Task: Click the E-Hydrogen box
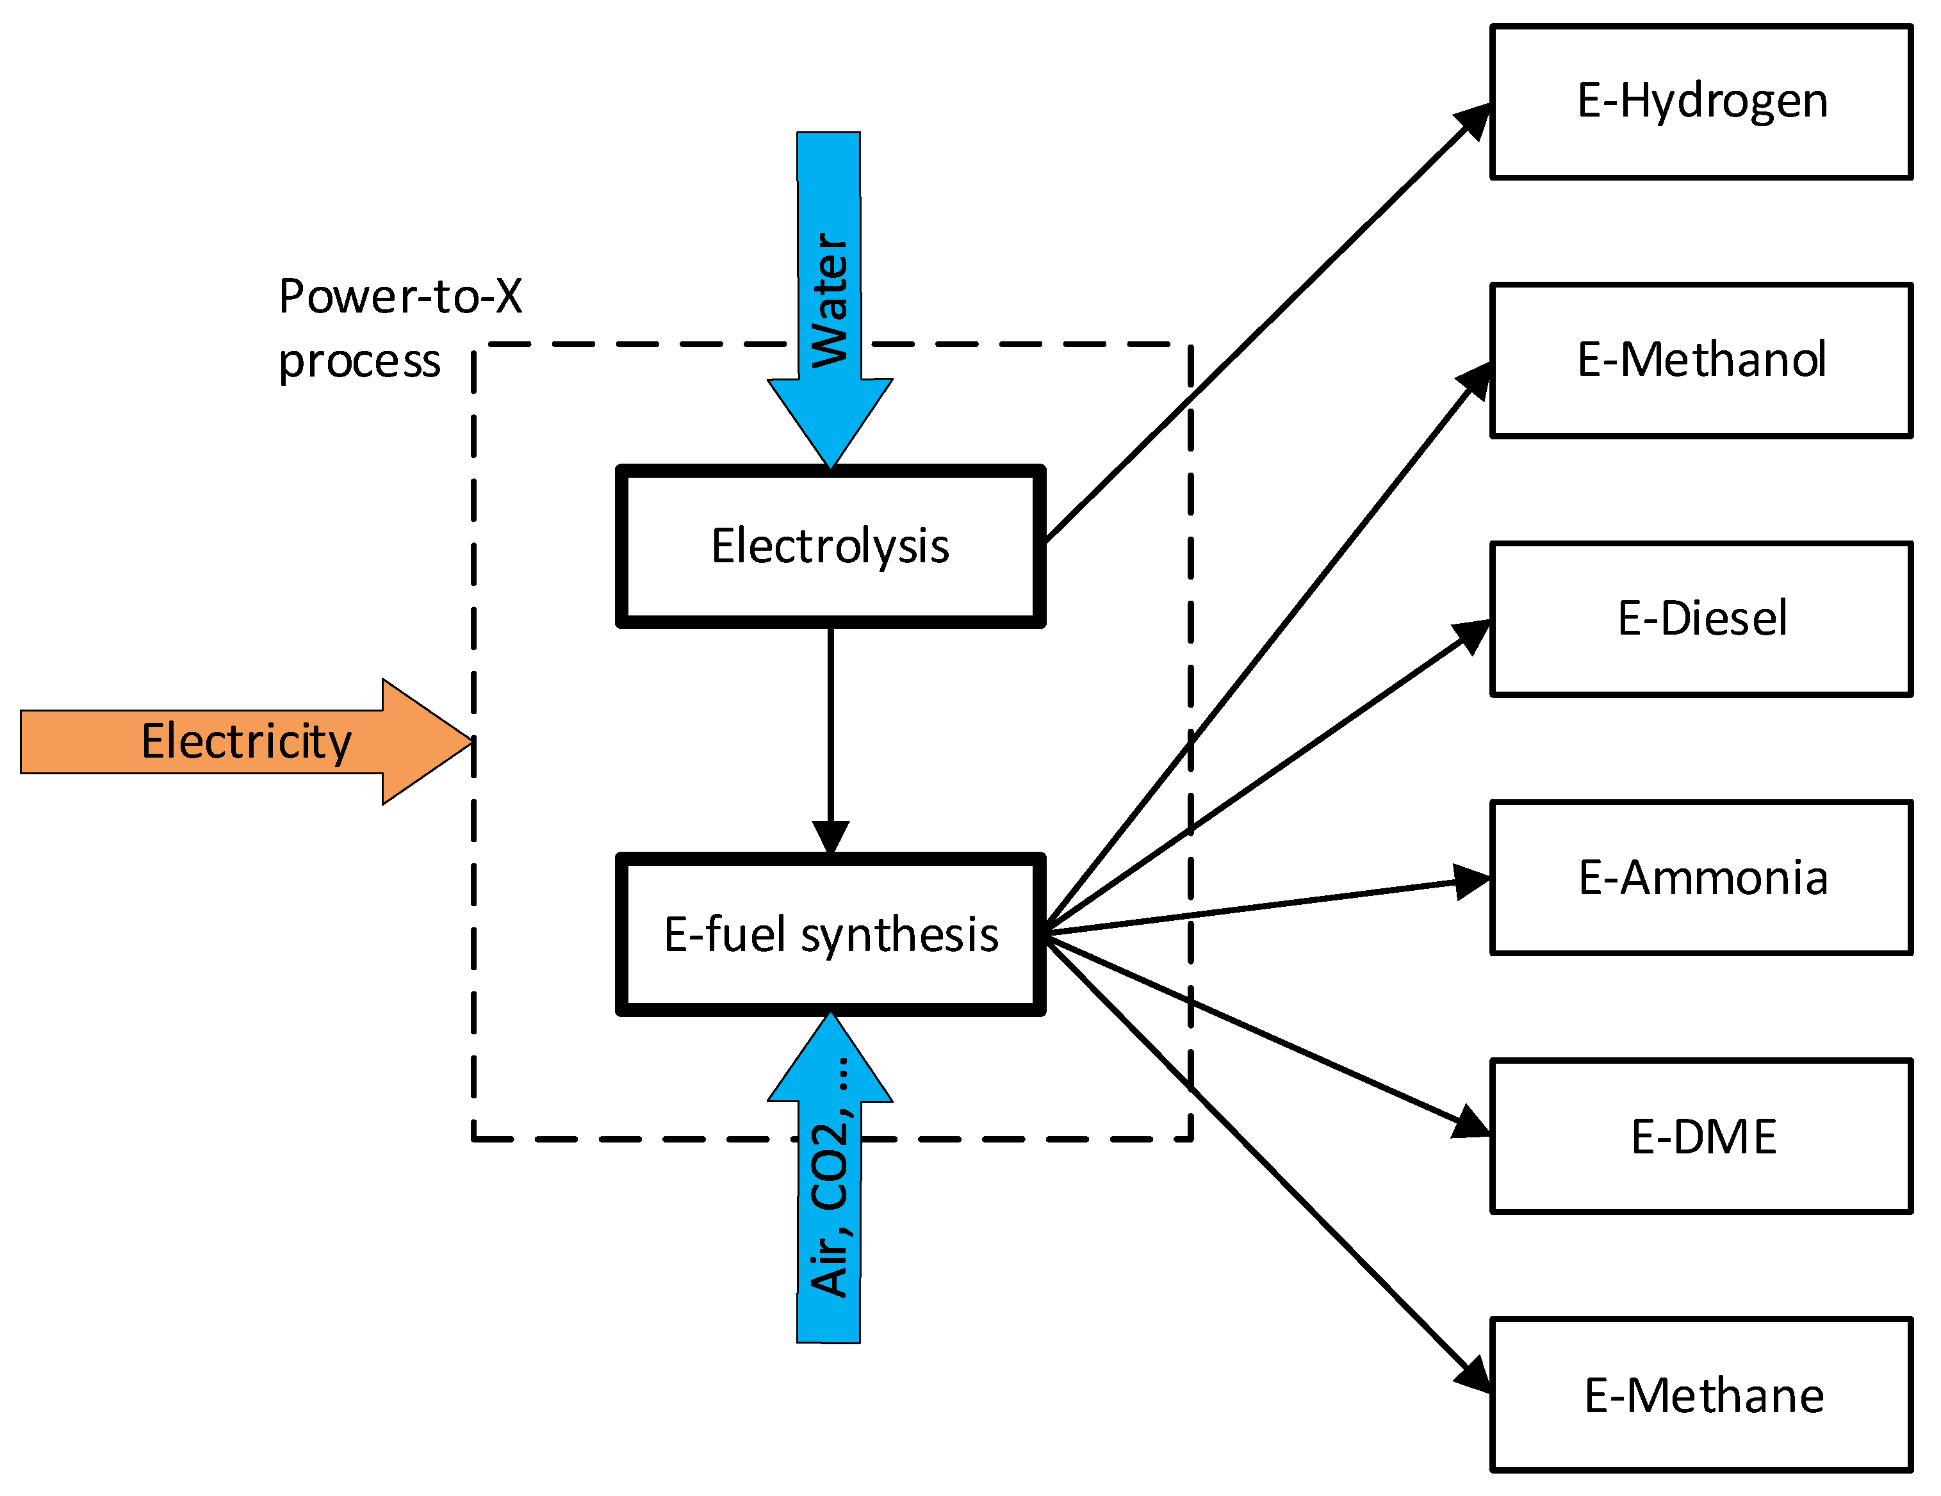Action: [x=1701, y=101]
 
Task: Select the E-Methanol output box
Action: [x=1701, y=360]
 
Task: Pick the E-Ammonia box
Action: [x=1701, y=878]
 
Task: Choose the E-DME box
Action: [x=1701, y=1136]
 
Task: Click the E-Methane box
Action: [x=1701, y=1395]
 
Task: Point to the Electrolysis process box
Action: [x=830, y=546]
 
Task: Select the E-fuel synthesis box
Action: [x=830, y=934]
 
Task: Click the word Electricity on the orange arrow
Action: [x=246, y=742]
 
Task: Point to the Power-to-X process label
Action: [x=399, y=328]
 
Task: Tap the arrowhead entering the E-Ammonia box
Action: [x=1473, y=881]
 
